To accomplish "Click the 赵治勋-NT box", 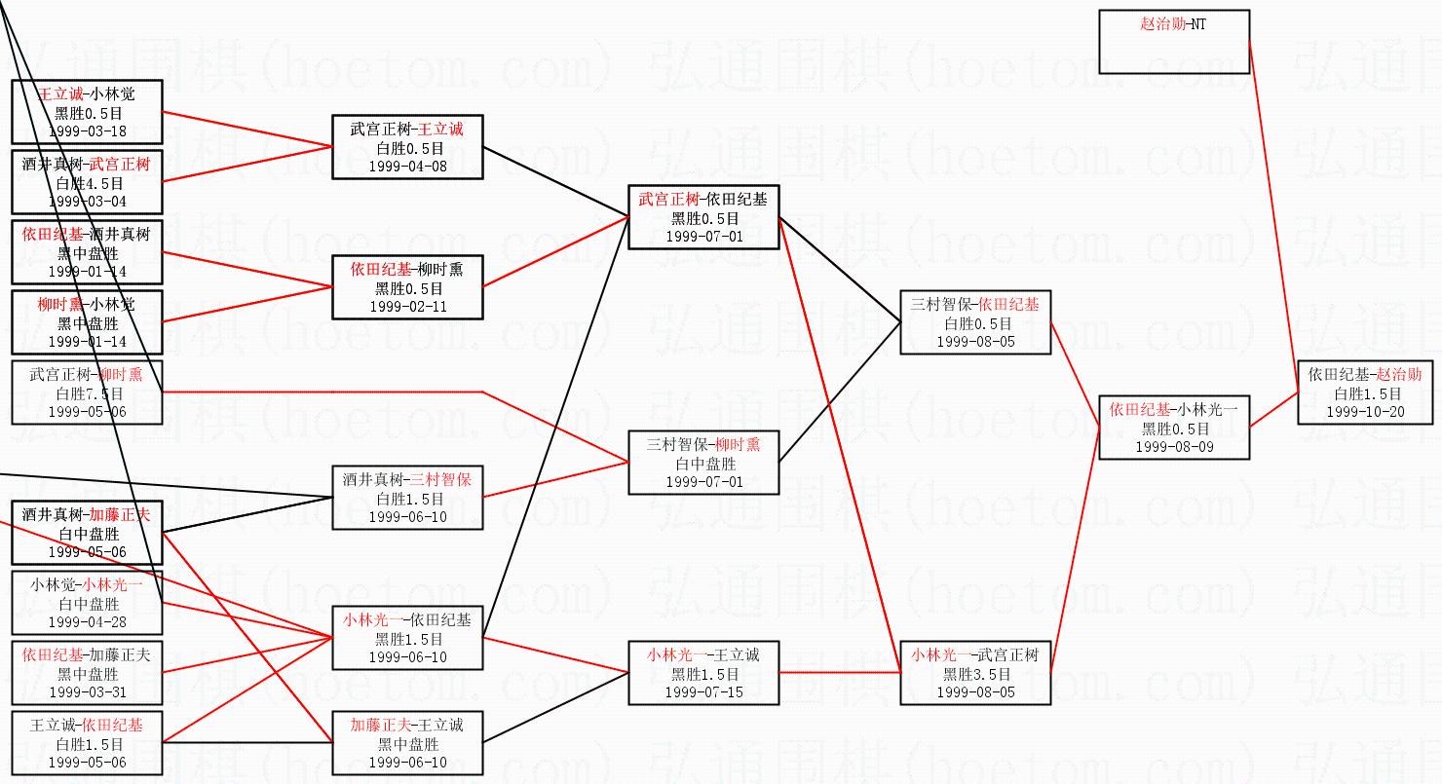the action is coord(1173,42).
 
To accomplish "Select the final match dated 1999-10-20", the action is coord(1365,392).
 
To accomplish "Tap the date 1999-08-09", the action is coord(1173,447).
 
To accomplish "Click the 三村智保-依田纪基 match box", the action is coord(975,322).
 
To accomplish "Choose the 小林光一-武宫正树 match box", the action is coord(975,673).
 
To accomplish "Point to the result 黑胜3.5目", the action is coord(975,674).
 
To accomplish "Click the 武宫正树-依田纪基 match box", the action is coord(703,217).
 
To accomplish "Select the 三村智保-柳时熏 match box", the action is coord(703,463).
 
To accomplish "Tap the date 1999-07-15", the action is coord(703,692).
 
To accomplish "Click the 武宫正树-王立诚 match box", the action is coord(407,147).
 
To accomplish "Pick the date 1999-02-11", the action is coord(407,307).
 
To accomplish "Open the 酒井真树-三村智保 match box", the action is coord(407,498).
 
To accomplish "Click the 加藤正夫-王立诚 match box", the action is coord(407,743).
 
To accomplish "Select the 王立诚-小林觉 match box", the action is coord(87,112).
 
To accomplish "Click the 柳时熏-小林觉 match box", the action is coord(87,322).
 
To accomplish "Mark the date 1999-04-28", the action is coord(87,622).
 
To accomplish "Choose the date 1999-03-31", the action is coord(87,692).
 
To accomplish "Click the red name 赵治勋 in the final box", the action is coord(1399,374).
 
